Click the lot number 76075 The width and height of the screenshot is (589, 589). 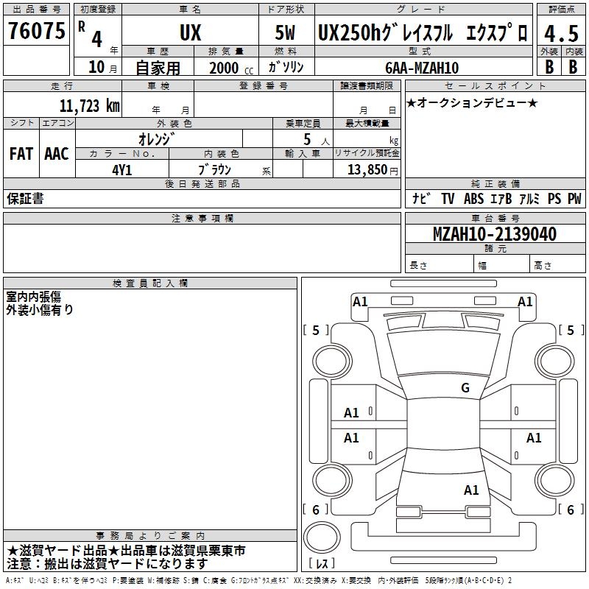[37, 31]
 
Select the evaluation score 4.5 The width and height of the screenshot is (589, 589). [561, 33]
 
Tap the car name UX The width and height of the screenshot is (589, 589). [191, 32]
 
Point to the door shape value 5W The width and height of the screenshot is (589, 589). [285, 32]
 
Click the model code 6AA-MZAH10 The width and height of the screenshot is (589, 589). [422, 68]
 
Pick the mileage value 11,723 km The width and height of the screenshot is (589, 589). [90, 106]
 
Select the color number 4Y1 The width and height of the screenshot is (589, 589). [122, 170]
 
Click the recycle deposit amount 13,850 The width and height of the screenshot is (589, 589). [367, 170]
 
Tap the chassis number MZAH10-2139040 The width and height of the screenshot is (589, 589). [495, 234]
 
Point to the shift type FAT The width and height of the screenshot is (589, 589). [21, 154]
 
